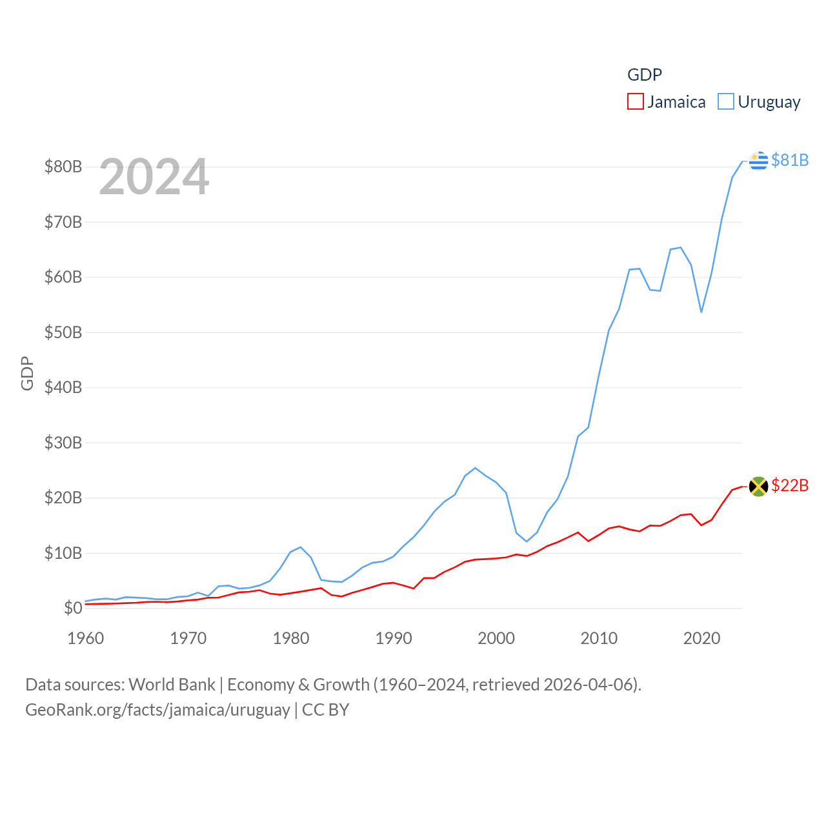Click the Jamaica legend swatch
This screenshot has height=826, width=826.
click(x=636, y=102)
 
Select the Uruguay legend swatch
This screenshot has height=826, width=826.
click(x=726, y=102)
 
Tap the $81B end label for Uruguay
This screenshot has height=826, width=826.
click(x=790, y=160)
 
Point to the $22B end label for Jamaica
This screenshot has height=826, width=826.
click(x=790, y=485)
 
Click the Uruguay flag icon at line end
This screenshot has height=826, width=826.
click(x=759, y=161)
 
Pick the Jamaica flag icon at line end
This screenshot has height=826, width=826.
click(x=759, y=486)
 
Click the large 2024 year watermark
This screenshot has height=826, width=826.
click(x=154, y=177)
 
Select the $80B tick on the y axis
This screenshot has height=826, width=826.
click(x=63, y=166)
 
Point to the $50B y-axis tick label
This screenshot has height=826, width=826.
click(x=63, y=332)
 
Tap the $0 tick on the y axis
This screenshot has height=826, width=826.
click(x=73, y=608)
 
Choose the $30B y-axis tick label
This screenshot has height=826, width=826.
click(x=63, y=443)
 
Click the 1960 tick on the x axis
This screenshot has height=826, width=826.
click(x=86, y=638)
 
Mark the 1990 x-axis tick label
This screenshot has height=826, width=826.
click(x=394, y=638)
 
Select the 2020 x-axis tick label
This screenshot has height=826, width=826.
click(x=701, y=638)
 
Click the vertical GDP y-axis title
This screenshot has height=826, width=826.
click(x=27, y=373)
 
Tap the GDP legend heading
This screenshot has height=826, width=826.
click(x=645, y=75)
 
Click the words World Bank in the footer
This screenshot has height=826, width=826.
click(x=172, y=684)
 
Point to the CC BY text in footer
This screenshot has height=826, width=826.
click(x=326, y=710)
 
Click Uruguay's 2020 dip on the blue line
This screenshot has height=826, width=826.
click(x=701, y=312)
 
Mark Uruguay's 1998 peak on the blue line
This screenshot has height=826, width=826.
click(x=476, y=468)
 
